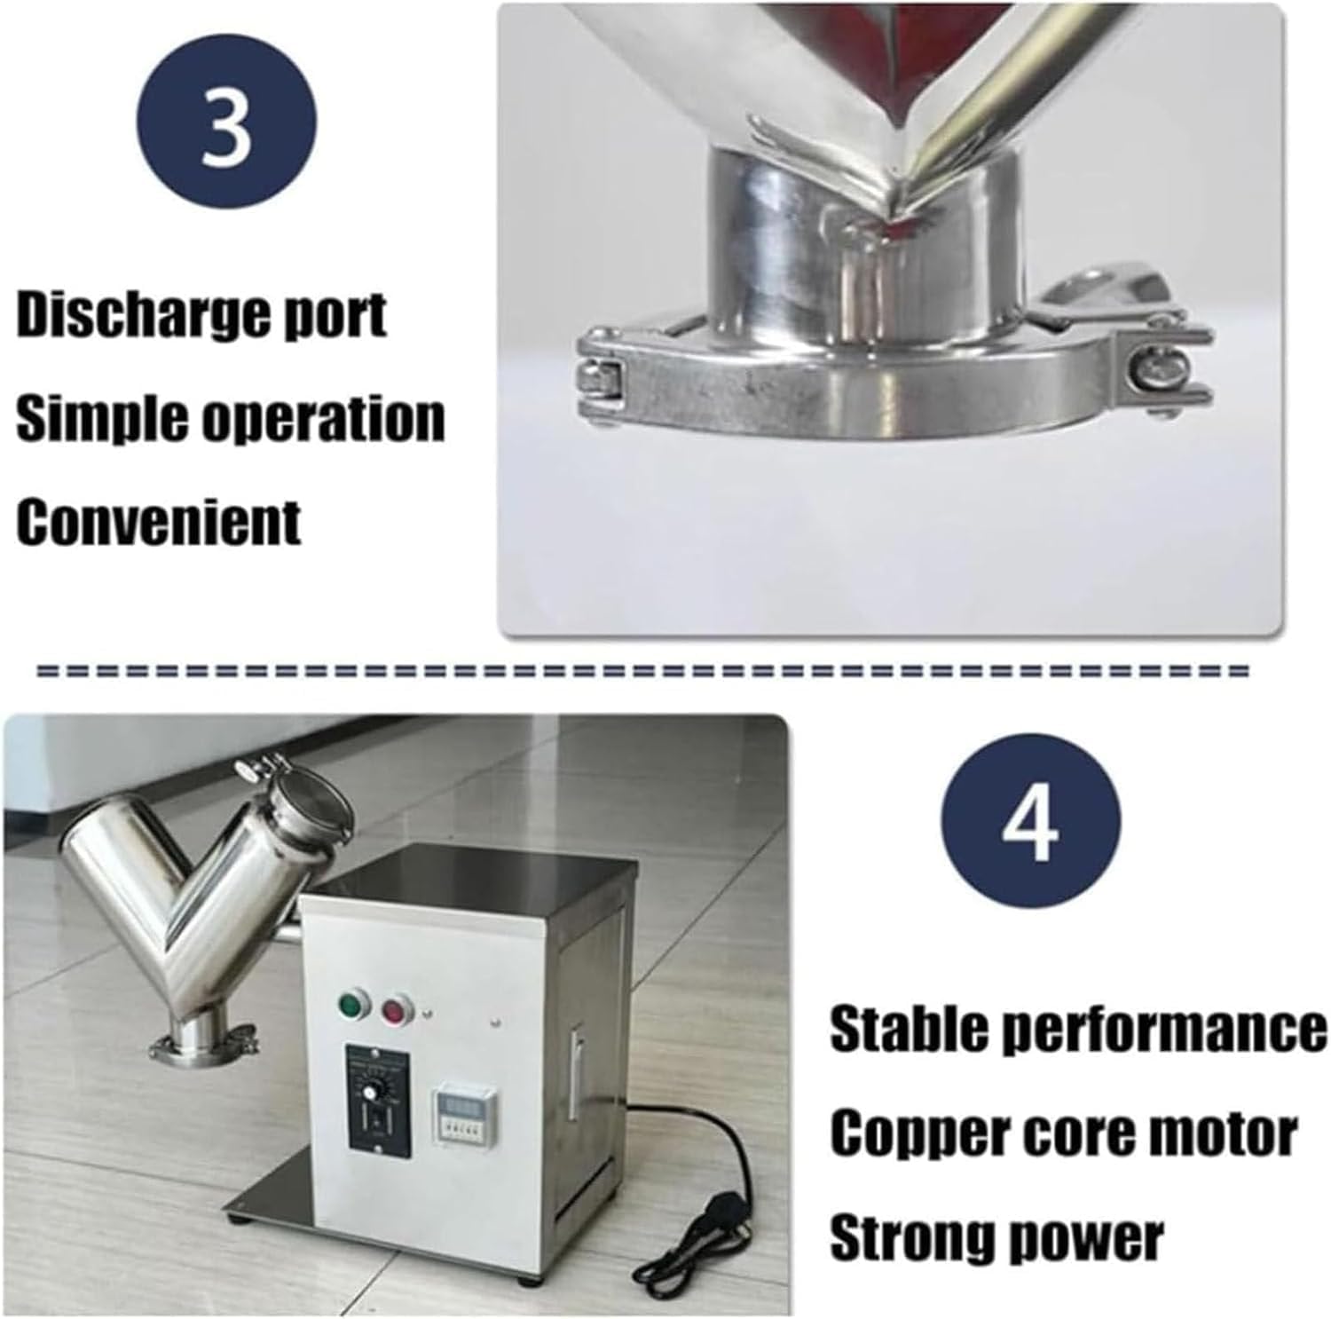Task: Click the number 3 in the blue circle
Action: pos(226,126)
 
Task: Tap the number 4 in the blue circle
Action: pos(1030,822)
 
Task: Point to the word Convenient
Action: pos(159,521)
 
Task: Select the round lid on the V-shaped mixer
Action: pos(305,794)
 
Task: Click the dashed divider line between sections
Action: pos(643,672)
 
